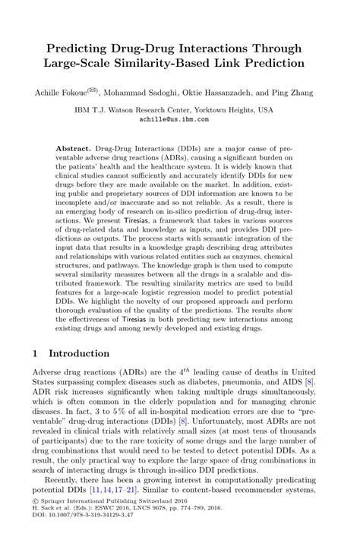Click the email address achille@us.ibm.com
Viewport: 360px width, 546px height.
(x=179, y=119)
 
